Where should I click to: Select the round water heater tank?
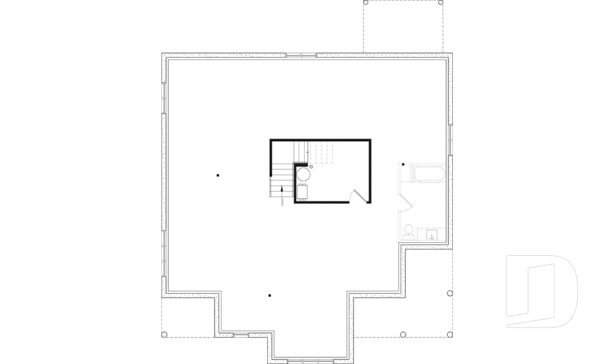tap(304, 173)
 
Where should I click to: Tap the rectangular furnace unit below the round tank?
tap(302, 191)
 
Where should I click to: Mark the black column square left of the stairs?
tap(218, 175)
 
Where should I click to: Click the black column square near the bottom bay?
tap(270, 296)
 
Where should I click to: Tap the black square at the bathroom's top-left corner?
tap(403, 164)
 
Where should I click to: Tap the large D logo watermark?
tap(541, 291)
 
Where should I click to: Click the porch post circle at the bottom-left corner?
tap(164, 335)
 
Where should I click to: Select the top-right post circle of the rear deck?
tap(441, 3)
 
